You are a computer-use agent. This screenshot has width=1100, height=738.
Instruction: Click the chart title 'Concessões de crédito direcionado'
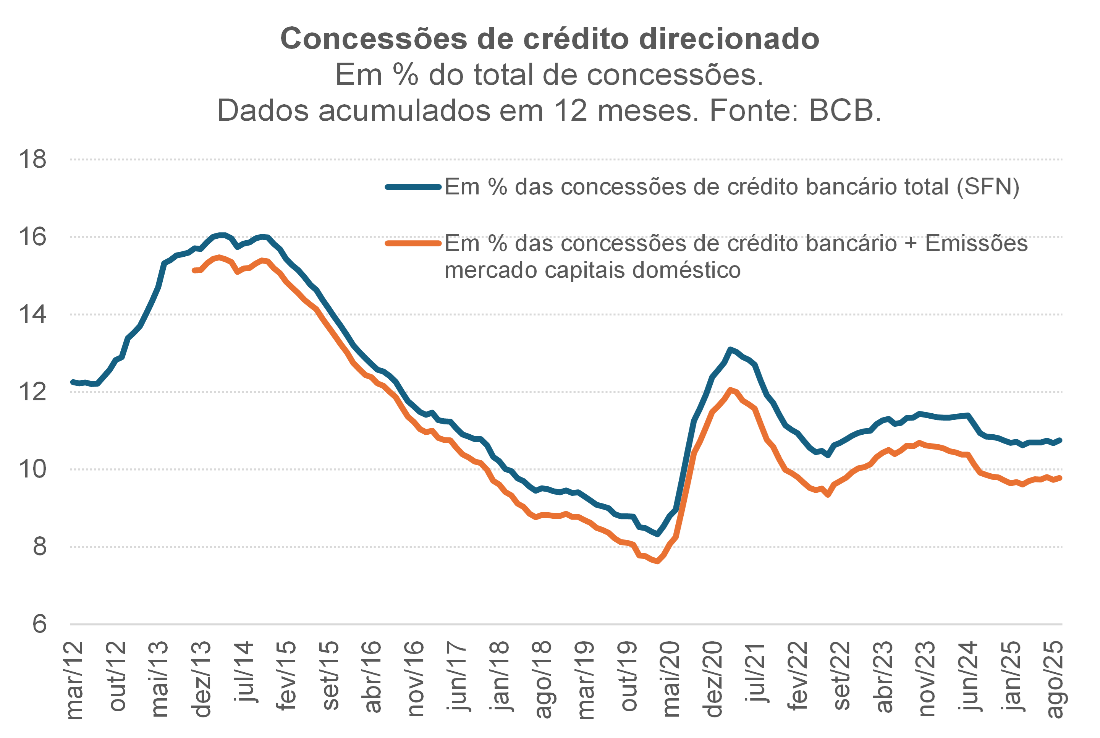(550, 39)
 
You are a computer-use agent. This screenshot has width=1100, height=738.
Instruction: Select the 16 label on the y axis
(32, 237)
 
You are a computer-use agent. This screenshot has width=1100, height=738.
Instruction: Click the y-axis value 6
(39, 624)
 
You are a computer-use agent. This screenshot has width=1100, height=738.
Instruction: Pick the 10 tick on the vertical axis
(32, 469)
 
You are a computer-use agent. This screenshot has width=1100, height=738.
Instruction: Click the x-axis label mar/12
(74, 680)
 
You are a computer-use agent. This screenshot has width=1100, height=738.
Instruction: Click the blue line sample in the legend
(413, 187)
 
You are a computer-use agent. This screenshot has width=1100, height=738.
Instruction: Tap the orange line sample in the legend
(413, 243)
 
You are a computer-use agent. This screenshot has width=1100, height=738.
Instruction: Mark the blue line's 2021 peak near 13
(730, 349)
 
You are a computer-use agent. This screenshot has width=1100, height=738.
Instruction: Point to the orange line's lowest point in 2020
(657, 562)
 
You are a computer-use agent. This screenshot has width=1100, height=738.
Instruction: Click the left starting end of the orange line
(194, 270)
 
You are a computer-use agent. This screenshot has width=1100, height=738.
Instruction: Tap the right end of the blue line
(1060, 440)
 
